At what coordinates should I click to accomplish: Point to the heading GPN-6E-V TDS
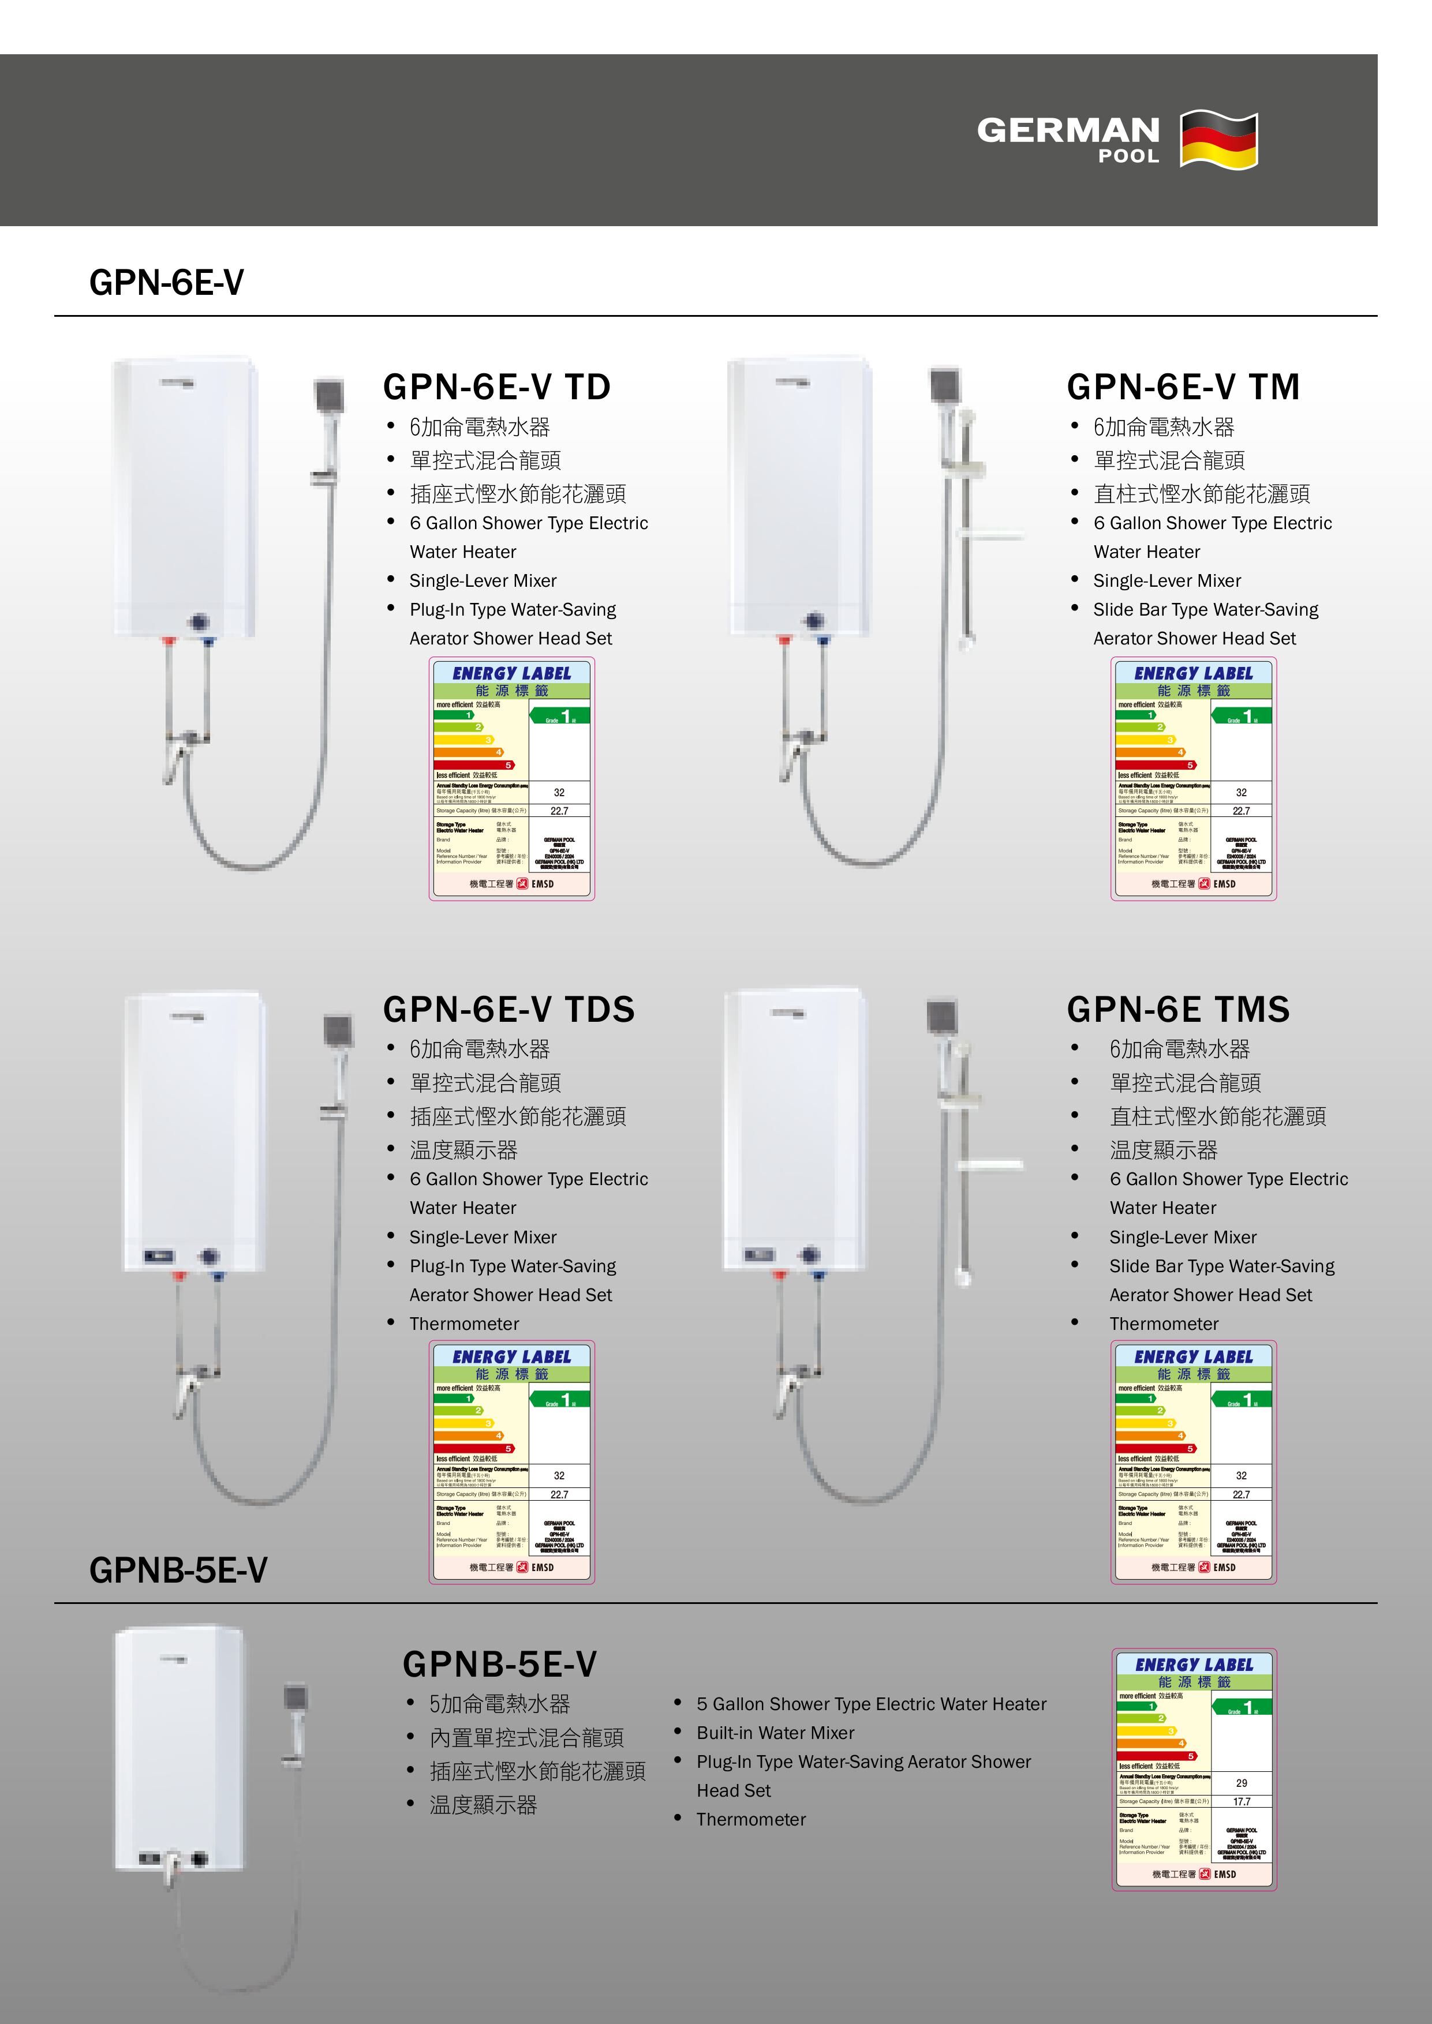(508, 1009)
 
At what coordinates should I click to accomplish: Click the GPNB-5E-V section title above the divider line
(178, 1570)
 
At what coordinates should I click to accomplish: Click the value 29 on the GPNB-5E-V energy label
(1242, 1782)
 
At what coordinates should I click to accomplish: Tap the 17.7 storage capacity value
(1242, 1802)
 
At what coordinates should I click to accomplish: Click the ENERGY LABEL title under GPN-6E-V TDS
(511, 1356)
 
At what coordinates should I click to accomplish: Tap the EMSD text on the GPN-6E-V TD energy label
(543, 884)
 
